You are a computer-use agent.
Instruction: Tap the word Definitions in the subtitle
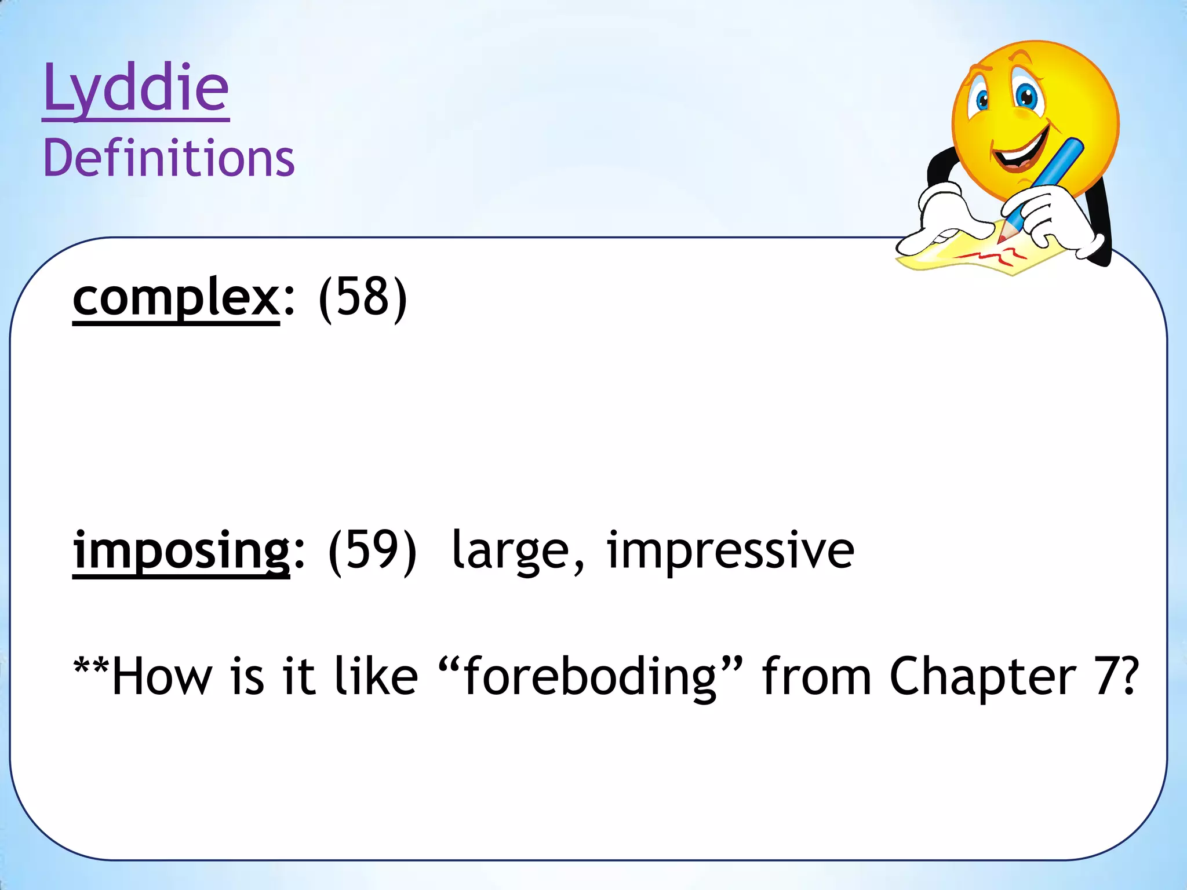[169, 158]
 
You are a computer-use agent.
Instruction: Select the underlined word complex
[176, 298]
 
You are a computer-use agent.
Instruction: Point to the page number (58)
[363, 298]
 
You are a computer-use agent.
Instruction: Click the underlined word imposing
[181, 550]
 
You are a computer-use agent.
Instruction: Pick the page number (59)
[372, 550]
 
